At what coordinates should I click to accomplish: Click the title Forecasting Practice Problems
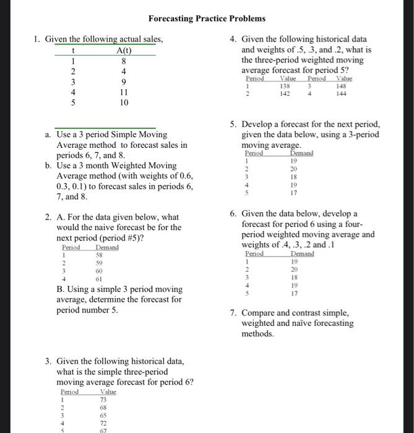coord(207,19)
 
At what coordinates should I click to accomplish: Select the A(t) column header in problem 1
coord(124,51)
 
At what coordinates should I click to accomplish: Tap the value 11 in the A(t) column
coord(124,92)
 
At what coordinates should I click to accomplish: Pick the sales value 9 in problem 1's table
coord(124,82)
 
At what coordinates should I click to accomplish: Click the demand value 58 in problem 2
coord(98,254)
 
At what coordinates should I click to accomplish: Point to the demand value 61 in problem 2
coord(98,279)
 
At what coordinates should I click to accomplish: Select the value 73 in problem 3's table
coord(103,400)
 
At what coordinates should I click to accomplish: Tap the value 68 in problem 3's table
coord(103,408)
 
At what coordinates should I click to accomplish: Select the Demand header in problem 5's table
coord(302,152)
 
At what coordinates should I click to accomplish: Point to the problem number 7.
coord(232,313)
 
